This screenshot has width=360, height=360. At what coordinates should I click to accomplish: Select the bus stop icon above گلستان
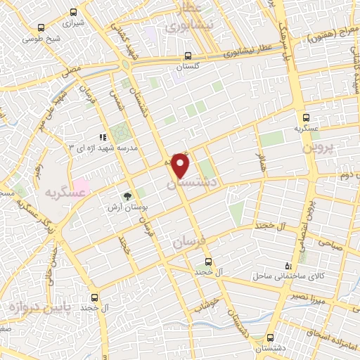point(187,56)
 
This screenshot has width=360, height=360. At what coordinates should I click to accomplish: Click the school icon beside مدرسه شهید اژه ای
point(103,137)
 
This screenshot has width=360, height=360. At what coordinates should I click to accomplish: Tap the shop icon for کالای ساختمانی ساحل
point(288,265)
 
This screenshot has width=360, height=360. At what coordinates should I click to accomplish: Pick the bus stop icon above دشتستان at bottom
point(271,337)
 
